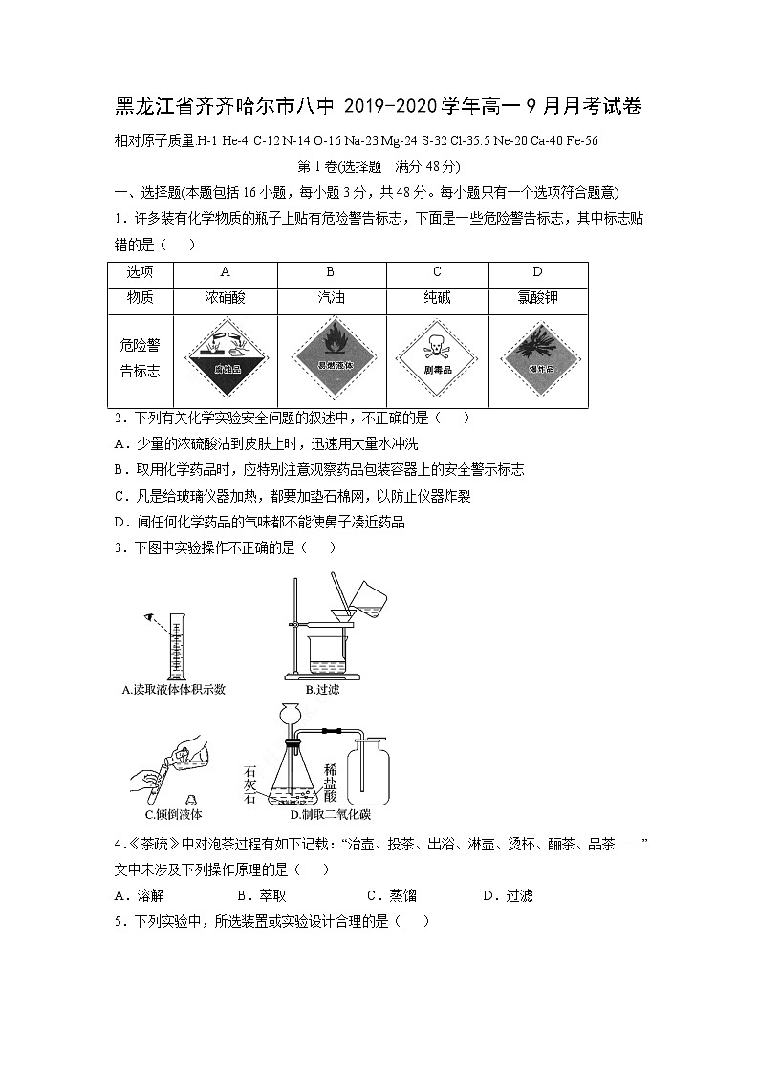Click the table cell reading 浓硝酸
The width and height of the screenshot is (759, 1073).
(225, 297)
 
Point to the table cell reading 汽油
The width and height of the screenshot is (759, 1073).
(331, 297)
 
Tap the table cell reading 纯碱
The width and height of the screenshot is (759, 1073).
(437, 297)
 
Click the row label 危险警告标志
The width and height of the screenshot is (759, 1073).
(140, 357)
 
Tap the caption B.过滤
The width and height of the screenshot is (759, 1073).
(322, 689)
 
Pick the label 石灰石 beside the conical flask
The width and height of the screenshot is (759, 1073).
(251, 784)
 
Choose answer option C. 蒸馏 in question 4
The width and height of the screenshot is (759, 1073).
(391, 895)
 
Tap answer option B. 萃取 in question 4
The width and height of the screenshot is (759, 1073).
(261, 895)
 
